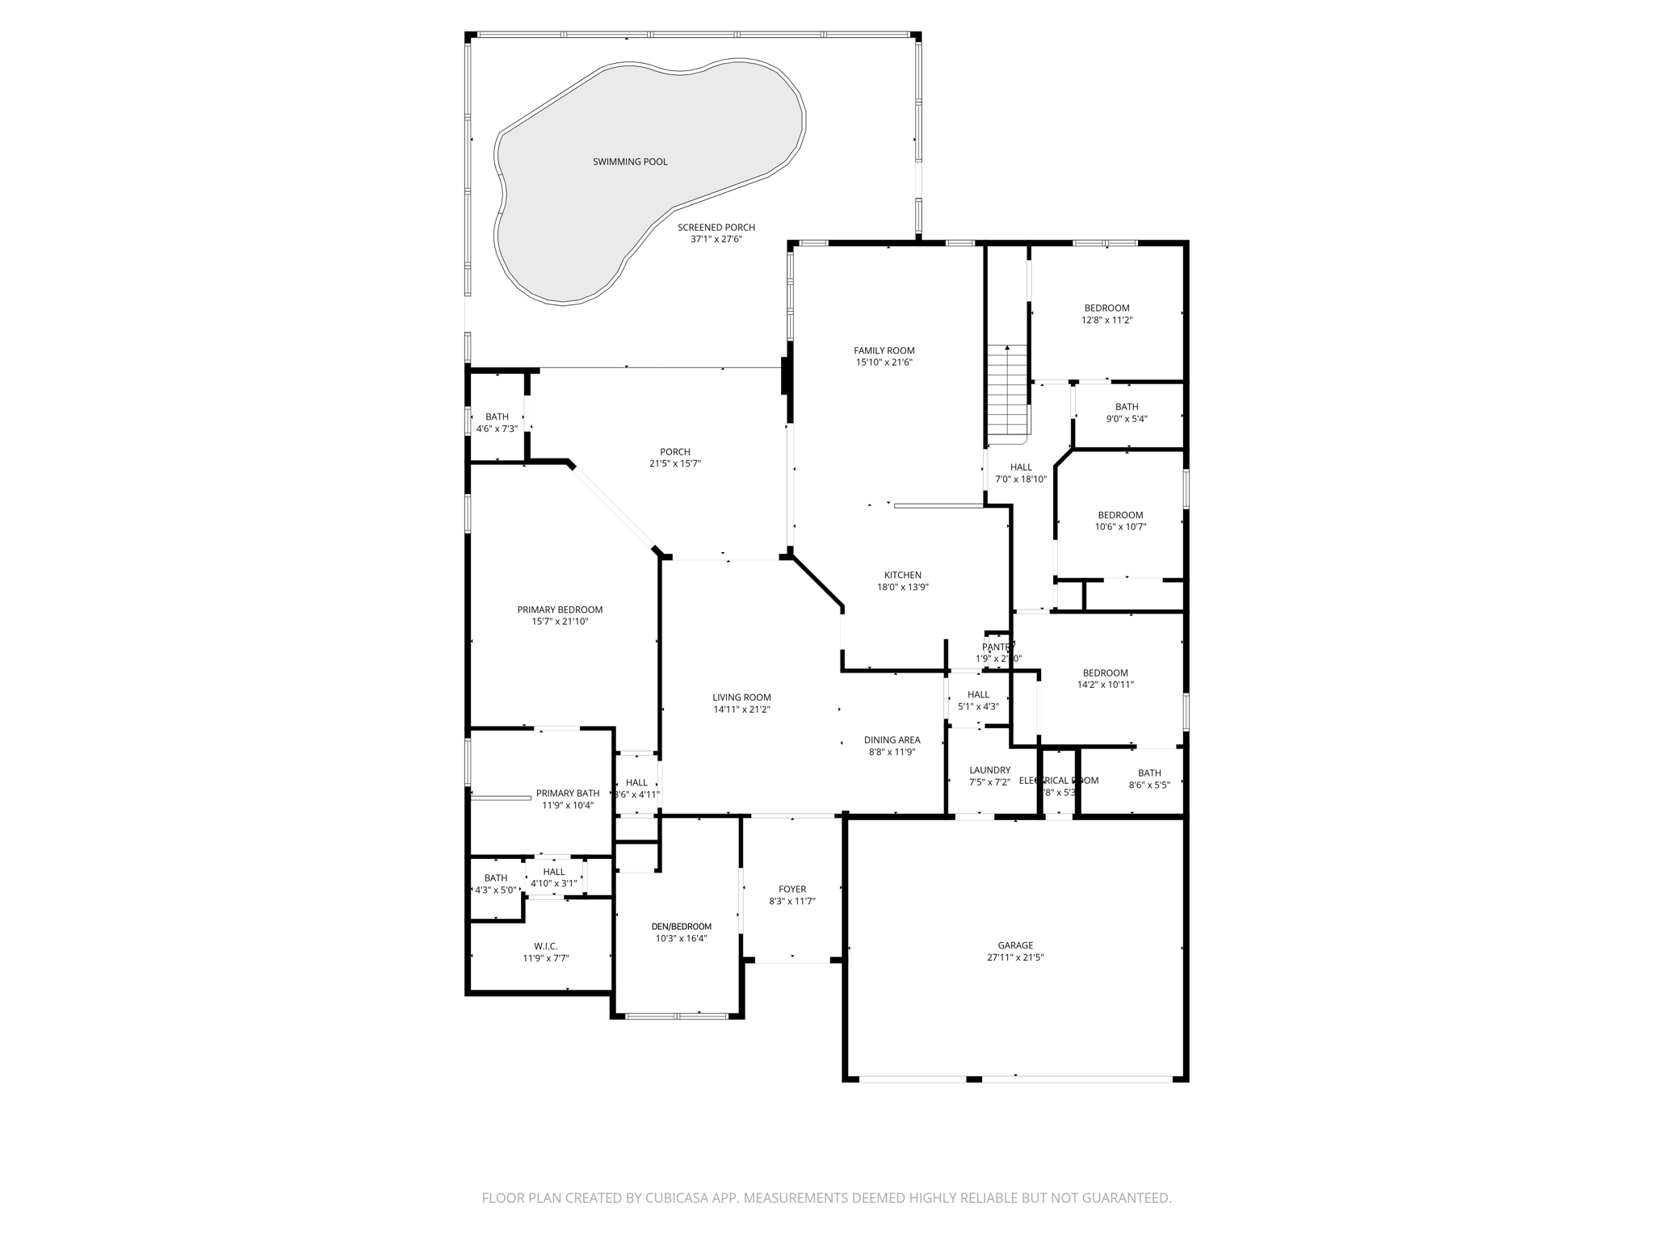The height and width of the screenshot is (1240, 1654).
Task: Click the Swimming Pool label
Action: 630,161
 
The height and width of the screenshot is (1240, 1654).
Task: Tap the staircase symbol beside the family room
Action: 1007,392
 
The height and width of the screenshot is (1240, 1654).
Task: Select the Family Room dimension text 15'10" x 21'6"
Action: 884,362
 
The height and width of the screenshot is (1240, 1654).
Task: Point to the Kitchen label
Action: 902,576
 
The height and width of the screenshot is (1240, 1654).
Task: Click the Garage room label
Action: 1015,945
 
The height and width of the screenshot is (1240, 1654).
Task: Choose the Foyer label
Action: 792,890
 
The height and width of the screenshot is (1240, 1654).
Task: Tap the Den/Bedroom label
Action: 682,927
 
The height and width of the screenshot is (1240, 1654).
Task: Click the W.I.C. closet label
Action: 546,946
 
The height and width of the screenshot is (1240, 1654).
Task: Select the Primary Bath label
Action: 568,794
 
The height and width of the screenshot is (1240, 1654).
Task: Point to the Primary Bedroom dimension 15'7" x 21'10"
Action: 560,622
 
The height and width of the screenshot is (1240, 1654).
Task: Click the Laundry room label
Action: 989,770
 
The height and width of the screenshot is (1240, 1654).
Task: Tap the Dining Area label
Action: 892,740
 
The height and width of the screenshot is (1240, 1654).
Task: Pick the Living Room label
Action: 741,697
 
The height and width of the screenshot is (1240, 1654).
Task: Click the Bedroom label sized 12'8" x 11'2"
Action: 1106,308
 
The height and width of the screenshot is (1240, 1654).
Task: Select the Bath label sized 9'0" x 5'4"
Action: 1127,407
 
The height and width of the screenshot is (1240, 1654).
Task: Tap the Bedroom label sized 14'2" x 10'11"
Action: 1105,673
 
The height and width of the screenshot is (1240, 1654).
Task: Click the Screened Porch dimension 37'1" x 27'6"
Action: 716,239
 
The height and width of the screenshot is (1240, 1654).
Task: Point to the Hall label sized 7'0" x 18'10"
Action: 1021,467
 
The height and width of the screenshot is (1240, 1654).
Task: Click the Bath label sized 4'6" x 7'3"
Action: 497,417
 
